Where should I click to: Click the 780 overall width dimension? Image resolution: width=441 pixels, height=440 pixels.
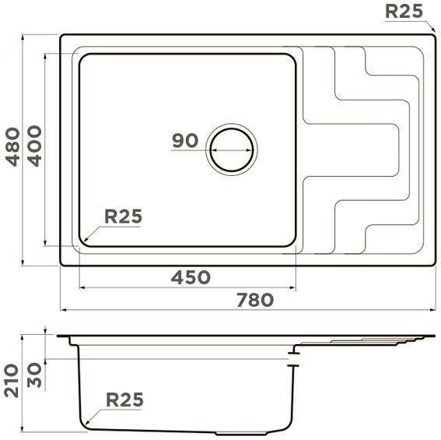coord(256,299)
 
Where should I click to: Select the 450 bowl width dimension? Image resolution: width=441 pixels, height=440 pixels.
coord(191,276)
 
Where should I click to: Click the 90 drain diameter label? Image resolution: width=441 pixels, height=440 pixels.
coord(185,141)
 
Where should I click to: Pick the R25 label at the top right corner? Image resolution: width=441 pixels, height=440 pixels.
coord(405,11)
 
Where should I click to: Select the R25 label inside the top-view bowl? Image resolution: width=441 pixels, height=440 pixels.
coord(124,217)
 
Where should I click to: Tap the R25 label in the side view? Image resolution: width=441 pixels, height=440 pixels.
coord(124,400)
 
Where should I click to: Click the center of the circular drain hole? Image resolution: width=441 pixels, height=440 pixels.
coord(231,148)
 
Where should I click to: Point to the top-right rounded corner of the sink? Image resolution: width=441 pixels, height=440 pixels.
coord(431,37)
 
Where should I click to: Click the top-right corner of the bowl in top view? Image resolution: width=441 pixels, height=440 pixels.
coord(293,57)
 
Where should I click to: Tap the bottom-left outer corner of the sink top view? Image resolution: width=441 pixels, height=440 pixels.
coord(62,263)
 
